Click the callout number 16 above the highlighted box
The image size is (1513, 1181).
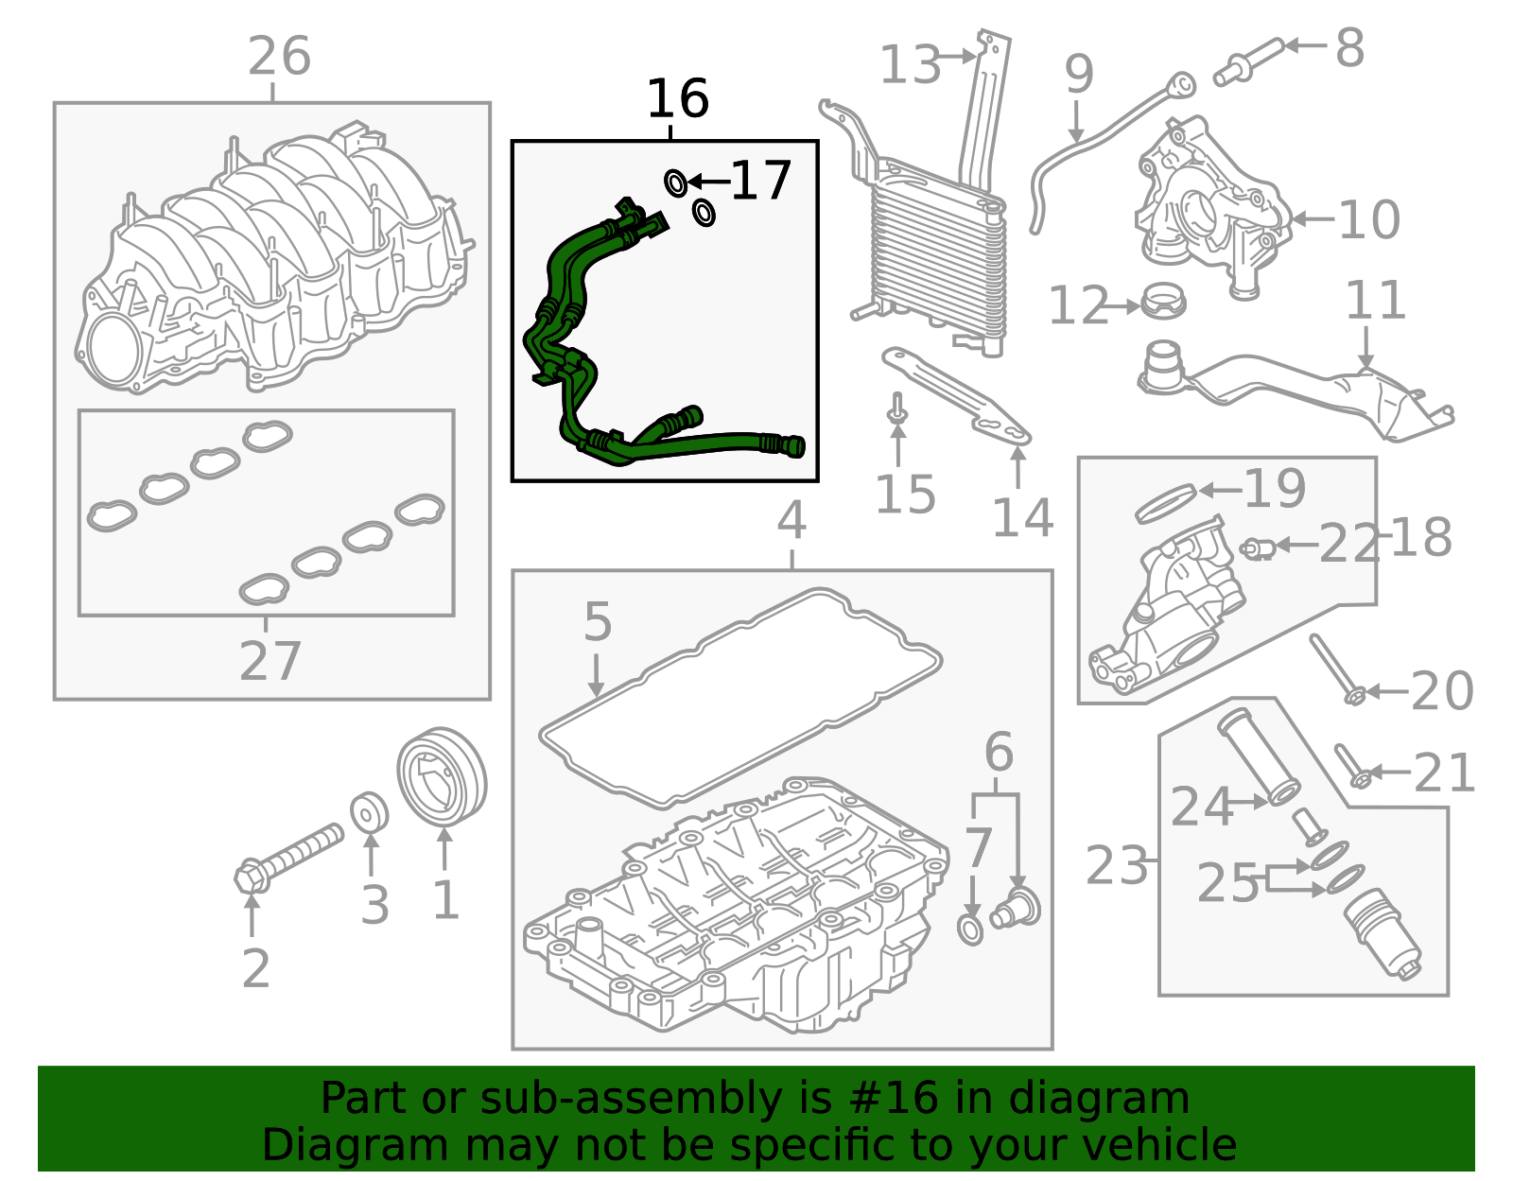click(677, 99)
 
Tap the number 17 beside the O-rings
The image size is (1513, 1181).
click(760, 181)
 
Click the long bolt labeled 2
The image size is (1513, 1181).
click(289, 857)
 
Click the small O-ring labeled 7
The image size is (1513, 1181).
click(971, 930)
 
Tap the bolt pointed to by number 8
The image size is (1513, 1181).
click(1247, 60)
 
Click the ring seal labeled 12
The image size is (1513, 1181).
click(1163, 302)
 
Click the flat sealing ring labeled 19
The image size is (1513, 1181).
click(1165, 502)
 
